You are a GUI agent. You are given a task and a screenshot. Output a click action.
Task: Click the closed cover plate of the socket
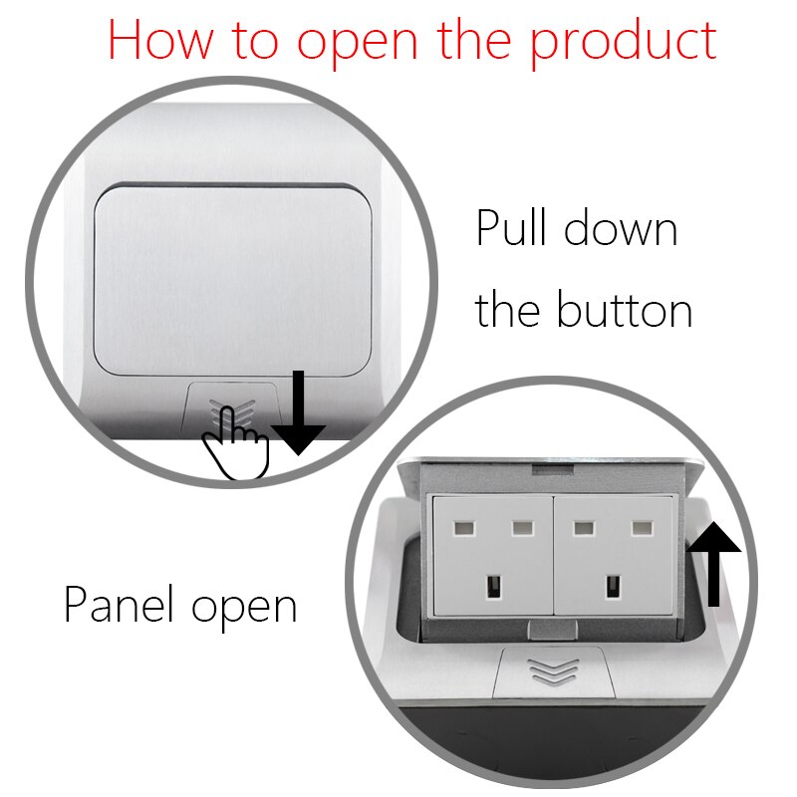[x=232, y=277]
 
